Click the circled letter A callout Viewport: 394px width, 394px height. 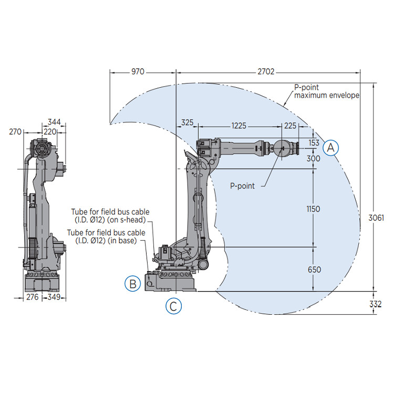pyautogui.click(x=330, y=148)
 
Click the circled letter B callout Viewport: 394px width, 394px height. pyautogui.click(x=133, y=284)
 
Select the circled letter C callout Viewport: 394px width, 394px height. pyautogui.click(x=174, y=306)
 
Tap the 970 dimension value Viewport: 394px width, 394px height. pyautogui.click(x=138, y=71)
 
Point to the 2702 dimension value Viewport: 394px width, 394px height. pyautogui.click(x=266, y=71)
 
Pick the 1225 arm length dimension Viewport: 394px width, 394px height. pyautogui.click(x=239, y=126)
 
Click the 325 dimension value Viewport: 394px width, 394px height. pyautogui.click(x=187, y=123)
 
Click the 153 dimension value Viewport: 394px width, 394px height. pyautogui.click(x=314, y=142)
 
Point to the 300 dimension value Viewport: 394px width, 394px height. pyautogui.click(x=314, y=158)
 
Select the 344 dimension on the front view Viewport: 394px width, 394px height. pyautogui.click(x=54, y=122)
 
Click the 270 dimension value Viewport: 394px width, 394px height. pyautogui.click(x=15, y=132)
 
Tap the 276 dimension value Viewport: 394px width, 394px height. pyautogui.click(x=33, y=297)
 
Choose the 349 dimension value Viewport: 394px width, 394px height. pyautogui.click(x=55, y=297)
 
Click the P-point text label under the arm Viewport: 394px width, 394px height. pyautogui.click(x=243, y=185)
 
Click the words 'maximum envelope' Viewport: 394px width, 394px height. pyautogui.click(x=326, y=95)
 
